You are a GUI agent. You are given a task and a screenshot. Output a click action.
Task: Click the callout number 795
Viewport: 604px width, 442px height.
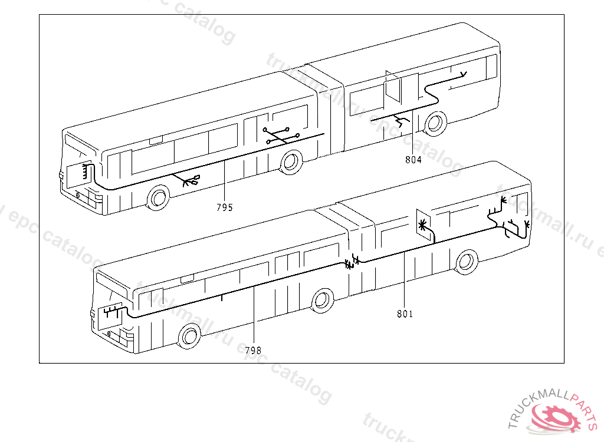click(x=224, y=207)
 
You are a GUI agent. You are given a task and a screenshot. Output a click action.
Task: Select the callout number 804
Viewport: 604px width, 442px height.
click(x=413, y=160)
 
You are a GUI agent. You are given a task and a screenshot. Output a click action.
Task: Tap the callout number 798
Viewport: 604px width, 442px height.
click(x=253, y=351)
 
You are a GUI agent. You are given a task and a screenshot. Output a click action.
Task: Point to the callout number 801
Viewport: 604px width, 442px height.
click(x=405, y=314)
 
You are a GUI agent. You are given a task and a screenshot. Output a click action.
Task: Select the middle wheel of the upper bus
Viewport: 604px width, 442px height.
click(x=290, y=162)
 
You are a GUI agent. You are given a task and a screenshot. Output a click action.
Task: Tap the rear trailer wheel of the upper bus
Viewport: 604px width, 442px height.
click(x=435, y=123)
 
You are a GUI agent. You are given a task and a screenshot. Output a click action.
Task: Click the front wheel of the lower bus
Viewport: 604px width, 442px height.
click(x=189, y=336)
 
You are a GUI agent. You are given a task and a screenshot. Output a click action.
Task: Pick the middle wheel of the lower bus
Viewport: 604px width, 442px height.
click(x=322, y=299)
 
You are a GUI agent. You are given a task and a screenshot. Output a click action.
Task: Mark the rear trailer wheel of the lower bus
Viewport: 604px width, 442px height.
click(x=467, y=261)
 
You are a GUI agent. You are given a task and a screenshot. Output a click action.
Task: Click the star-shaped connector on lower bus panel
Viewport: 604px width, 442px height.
click(x=422, y=225)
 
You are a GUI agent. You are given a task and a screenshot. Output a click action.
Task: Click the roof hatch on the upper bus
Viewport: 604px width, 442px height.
click(x=156, y=140)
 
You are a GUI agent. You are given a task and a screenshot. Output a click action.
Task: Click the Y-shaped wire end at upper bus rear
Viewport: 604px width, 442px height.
click(x=464, y=74)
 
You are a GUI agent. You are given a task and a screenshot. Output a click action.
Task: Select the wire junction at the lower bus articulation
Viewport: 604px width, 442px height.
click(x=352, y=260)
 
